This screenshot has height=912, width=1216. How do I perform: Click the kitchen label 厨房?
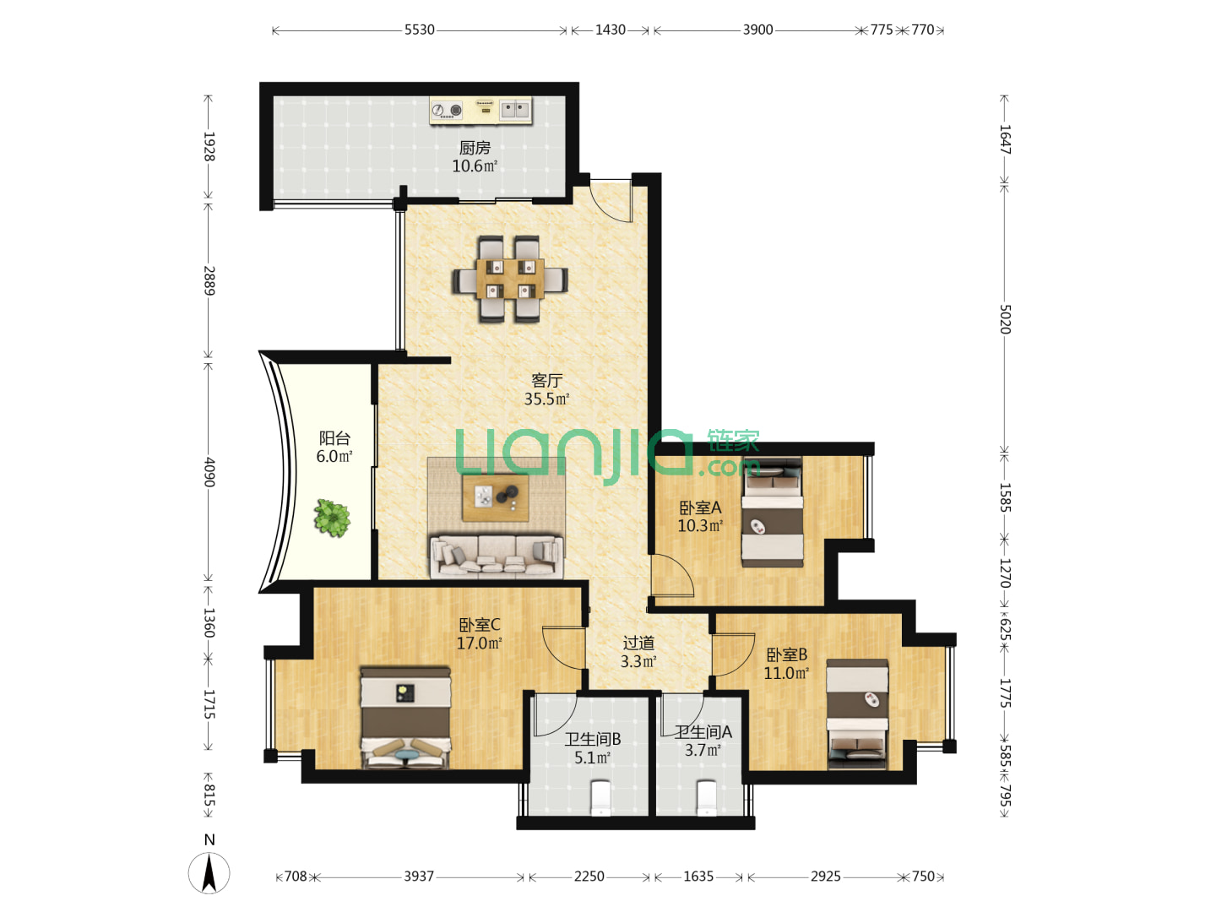[475, 148]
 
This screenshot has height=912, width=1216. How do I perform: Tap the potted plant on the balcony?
[332, 518]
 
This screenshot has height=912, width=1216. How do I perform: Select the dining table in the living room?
[510, 279]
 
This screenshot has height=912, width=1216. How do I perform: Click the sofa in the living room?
[497, 556]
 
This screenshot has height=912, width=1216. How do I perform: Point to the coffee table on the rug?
[495, 497]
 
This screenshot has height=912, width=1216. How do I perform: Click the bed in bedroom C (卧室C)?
[405, 717]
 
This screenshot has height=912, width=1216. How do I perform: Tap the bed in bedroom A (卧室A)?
[773, 513]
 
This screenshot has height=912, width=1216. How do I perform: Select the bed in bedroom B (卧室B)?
[857, 714]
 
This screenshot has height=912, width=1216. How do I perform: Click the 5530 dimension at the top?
[420, 30]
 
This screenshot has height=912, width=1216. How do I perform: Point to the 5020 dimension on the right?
[1005, 319]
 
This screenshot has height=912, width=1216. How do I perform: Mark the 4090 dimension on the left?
[209, 472]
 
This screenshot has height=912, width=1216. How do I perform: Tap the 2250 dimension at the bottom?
[589, 877]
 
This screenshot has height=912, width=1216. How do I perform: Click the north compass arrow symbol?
[209, 873]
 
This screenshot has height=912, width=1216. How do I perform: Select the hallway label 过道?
[638, 643]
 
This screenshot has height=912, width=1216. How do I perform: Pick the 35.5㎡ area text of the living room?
[547, 399]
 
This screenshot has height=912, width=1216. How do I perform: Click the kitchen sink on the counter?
[515, 110]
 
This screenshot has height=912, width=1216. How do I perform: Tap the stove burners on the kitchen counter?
[447, 110]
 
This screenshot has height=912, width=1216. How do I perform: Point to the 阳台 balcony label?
[334, 438]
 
